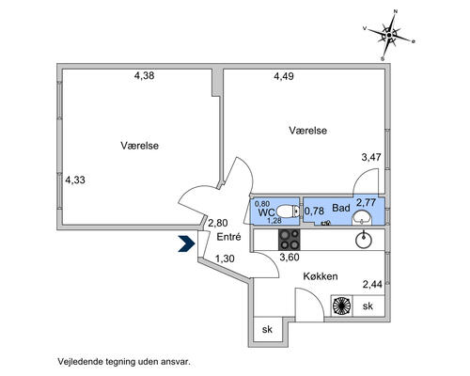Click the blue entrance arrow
pos(187,243)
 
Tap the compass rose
pos(389,35)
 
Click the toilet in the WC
pos(289,211)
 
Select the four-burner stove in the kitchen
pos(290,240)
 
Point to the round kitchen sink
pos(364,240)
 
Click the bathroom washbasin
pos(362,217)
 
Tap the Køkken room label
pos(321,276)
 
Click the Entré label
pos(228,237)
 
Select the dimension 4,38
pos(144,75)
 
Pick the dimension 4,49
pos(284,76)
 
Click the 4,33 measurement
pos(75,180)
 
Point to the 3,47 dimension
pos(371,157)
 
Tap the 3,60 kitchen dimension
pos(290,258)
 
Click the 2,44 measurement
pos(372,285)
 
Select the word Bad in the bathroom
pos(341,208)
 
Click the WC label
pos(266,212)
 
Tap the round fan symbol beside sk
pos(342,305)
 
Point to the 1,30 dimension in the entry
pos(225,258)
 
